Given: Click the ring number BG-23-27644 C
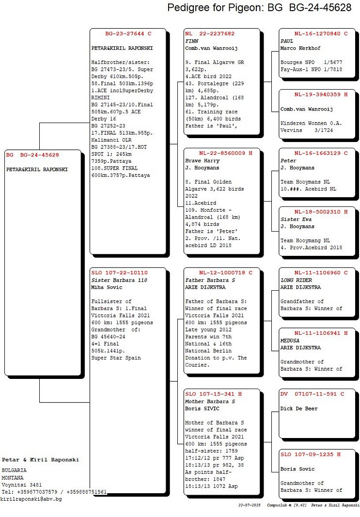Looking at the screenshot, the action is [x=128, y=33].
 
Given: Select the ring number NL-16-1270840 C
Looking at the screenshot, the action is [x=321, y=33].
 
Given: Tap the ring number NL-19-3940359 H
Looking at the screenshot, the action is [x=321, y=94].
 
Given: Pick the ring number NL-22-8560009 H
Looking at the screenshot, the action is [x=225, y=153].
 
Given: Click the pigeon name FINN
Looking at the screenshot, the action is [x=191, y=41].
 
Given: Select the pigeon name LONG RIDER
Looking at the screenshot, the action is [x=296, y=280].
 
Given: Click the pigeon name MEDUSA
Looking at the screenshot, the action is [x=290, y=341].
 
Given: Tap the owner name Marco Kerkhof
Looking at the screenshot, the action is [x=300, y=48].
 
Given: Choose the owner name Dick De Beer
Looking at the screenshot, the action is [x=299, y=408].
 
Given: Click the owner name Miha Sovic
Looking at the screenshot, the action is [x=107, y=287].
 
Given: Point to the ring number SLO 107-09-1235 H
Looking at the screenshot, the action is [x=311, y=454].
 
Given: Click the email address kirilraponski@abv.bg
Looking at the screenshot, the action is [x=31, y=499].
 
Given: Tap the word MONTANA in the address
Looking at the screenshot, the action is [x=13, y=478].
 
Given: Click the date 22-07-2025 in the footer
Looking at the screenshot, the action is [x=249, y=505].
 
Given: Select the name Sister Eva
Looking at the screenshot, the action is [x=296, y=219].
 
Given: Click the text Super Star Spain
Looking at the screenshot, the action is [x=116, y=358].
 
